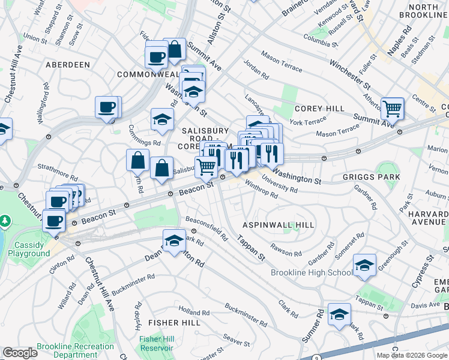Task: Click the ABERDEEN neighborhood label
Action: coord(67,64)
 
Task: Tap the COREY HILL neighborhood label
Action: coord(319,109)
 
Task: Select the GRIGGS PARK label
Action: coord(371,177)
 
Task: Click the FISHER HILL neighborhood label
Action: coord(174,323)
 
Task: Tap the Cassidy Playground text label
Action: coord(29,249)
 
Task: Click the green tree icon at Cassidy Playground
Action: coord(6,222)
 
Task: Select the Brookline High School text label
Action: coord(311,273)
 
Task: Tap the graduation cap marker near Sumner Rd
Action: coord(339,314)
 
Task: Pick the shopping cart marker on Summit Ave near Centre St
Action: coord(392,109)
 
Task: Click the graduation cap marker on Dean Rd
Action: coord(174,241)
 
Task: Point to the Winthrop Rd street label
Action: coord(261,191)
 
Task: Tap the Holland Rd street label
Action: coord(193,313)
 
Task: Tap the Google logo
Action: coord(20,353)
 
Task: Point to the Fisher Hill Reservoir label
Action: coord(156,343)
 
